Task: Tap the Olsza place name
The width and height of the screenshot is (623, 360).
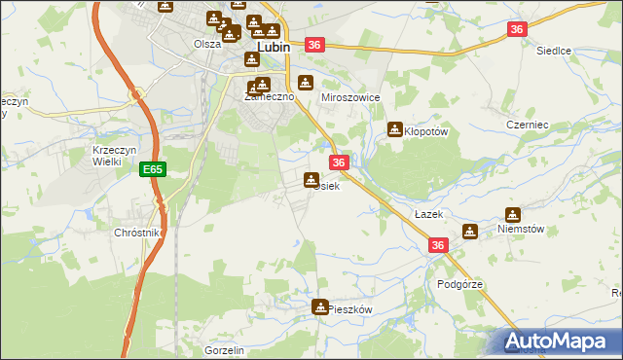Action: click(206, 44)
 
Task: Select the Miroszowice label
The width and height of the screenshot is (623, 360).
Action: click(349, 98)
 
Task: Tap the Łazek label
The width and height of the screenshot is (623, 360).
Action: click(427, 213)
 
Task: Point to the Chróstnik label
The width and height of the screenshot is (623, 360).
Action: click(136, 234)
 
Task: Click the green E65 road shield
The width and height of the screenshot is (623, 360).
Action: click(152, 169)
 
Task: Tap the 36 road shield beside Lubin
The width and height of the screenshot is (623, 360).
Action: click(313, 45)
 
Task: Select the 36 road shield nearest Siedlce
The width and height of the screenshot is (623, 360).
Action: click(518, 30)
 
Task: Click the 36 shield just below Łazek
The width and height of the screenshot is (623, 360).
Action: click(437, 246)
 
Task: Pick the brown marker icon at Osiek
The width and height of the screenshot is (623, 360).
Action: click(311, 179)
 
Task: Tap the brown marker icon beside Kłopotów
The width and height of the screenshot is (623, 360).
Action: click(395, 127)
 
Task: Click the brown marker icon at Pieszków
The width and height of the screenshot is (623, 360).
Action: click(319, 307)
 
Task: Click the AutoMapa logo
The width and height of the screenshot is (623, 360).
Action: click(560, 341)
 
